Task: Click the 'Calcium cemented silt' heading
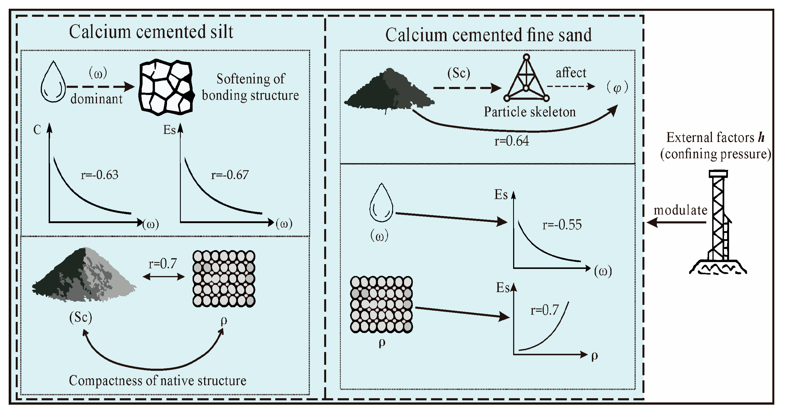pos(151,32)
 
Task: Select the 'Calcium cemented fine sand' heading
pos(488,35)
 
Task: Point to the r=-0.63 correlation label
pos(99,175)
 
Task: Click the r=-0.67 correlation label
pos(230,175)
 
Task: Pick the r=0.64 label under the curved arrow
pos(511,141)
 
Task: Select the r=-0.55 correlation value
pos(562,225)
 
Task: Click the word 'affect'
pos(571,73)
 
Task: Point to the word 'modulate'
pos(680,210)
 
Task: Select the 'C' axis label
pos(37,130)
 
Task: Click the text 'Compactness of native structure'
pos(157,380)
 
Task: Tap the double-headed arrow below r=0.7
pos(164,277)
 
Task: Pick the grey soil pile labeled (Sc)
pos(84,276)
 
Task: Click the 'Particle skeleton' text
pos(530,112)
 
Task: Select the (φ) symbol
pos(617,88)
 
